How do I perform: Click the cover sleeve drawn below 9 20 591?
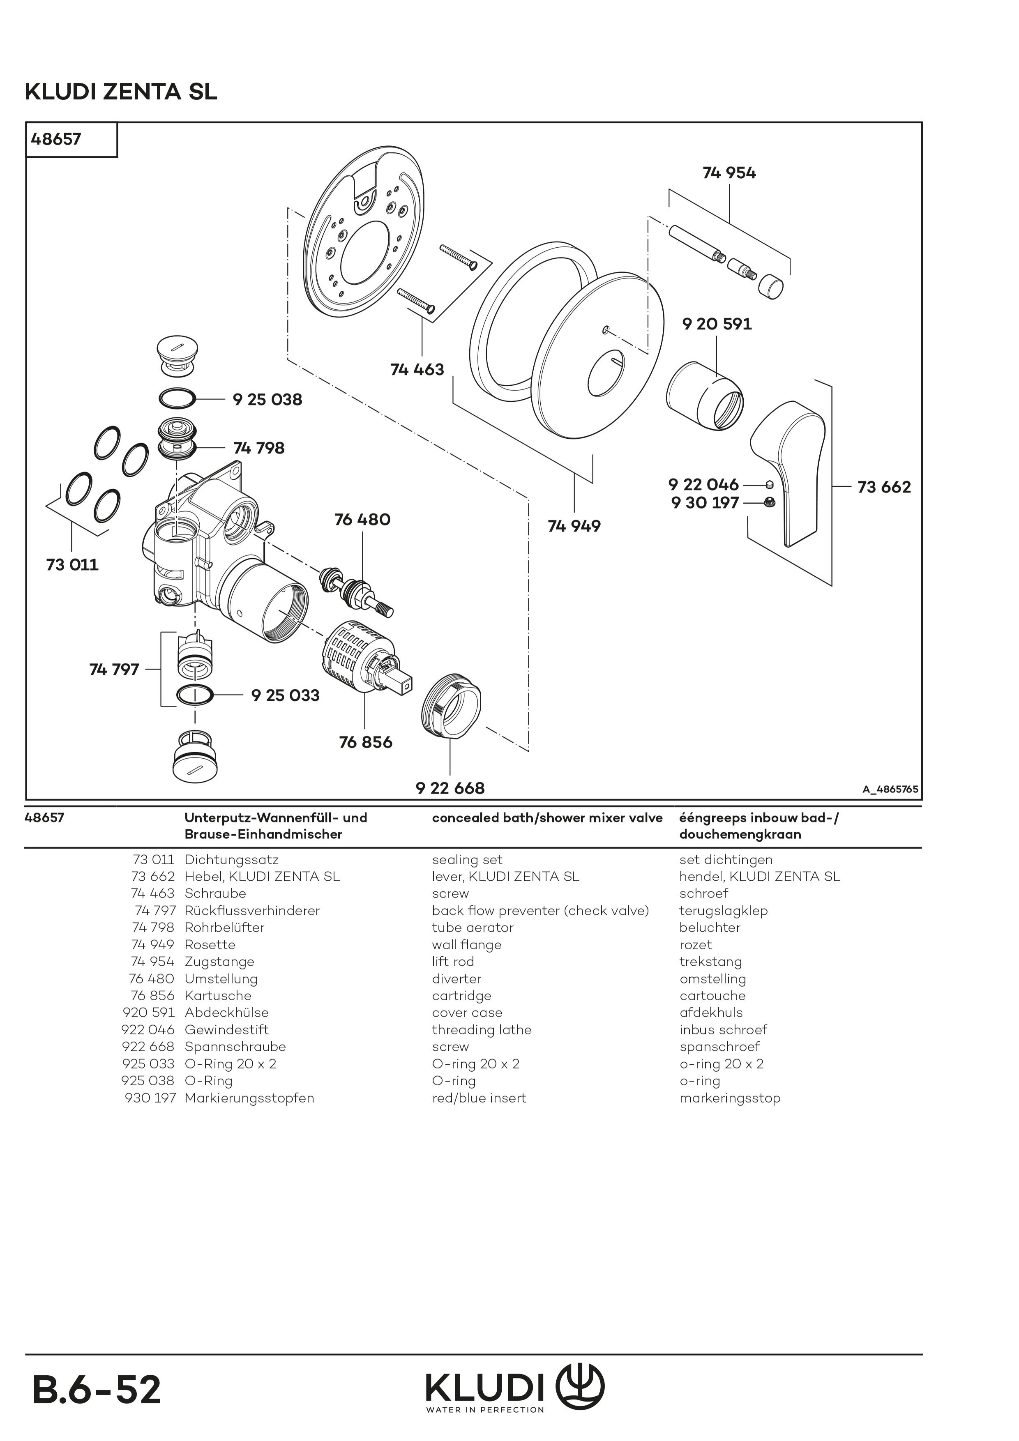pyautogui.click(x=704, y=396)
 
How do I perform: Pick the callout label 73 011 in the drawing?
pyautogui.click(x=72, y=564)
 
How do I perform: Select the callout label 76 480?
pyautogui.click(x=362, y=520)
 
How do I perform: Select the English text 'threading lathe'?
pyautogui.click(x=482, y=1029)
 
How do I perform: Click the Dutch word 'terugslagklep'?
pyautogui.click(x=723, y=911)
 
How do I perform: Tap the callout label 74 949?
pyautogui.click(x=574, y=526)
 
